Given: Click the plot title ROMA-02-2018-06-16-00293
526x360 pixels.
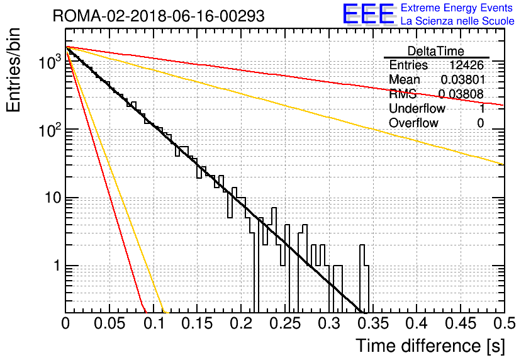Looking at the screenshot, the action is coord(159,16).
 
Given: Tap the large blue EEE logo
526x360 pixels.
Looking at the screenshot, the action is coord(369,14).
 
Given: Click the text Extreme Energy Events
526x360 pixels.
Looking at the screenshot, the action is coord(457,8).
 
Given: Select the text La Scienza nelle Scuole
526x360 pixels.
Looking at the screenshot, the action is coord(457,21).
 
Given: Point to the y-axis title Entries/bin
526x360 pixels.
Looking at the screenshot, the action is coord(13,70).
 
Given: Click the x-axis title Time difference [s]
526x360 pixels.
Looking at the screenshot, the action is coord(430,346).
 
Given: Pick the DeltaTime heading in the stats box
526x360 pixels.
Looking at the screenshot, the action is coord(435,51).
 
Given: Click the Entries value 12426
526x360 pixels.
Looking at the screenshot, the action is coord(466,65).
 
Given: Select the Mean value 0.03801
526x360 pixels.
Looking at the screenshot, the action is coord(462,79).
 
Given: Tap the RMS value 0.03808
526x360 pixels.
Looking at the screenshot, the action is coord(461,94).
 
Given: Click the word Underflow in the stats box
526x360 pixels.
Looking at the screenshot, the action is coord(417,108).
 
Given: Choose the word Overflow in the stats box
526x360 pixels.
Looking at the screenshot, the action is coord(413,123).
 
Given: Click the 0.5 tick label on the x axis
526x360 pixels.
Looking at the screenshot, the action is coord(504,323).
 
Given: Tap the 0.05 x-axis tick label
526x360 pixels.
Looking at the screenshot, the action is coord(109,323).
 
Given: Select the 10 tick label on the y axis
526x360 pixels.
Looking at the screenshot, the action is coord(53,198).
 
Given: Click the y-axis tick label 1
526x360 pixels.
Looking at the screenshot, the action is coord(57,266).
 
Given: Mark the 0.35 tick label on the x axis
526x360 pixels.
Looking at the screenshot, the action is coord(373,323).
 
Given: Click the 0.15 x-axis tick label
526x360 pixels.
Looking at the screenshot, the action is coord(198,323).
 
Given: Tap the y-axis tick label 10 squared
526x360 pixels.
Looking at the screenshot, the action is coord(50,129).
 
